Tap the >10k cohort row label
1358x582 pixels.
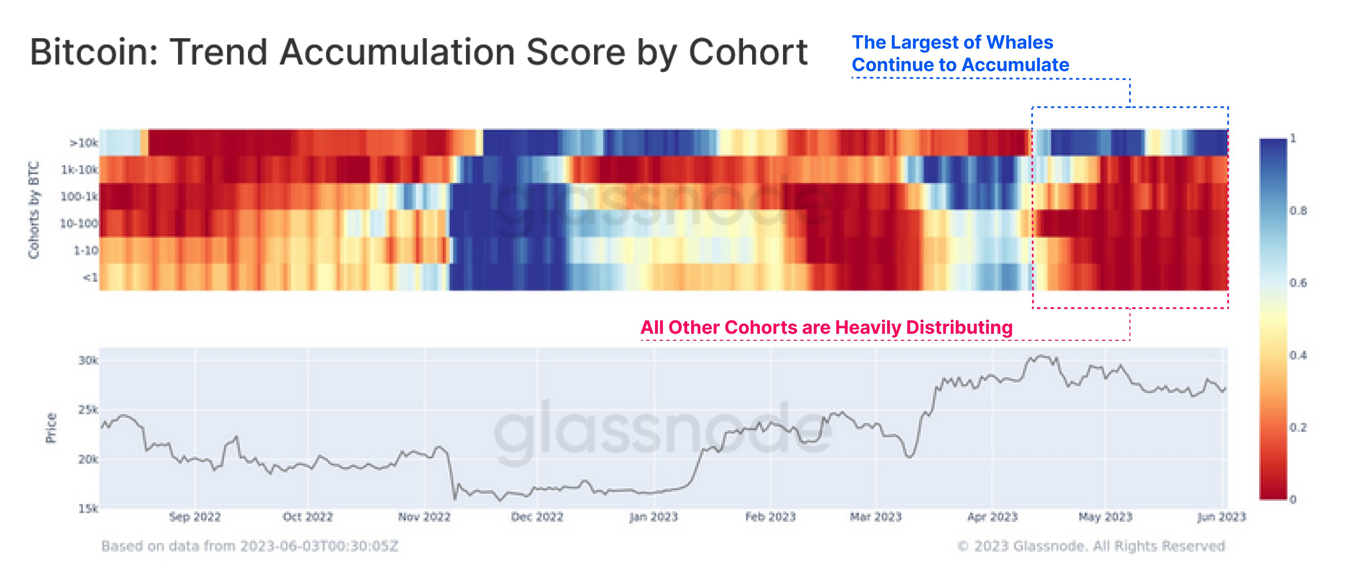click(x=84, y=143)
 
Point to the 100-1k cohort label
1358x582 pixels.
click(x=79, y=196)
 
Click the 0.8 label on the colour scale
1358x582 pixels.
click(x=1298, y=211)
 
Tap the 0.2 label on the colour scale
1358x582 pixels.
click(x=1298, y=427)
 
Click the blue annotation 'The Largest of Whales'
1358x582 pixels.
click(x=952, y=42)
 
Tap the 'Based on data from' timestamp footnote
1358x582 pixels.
click(x=249, y=546)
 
